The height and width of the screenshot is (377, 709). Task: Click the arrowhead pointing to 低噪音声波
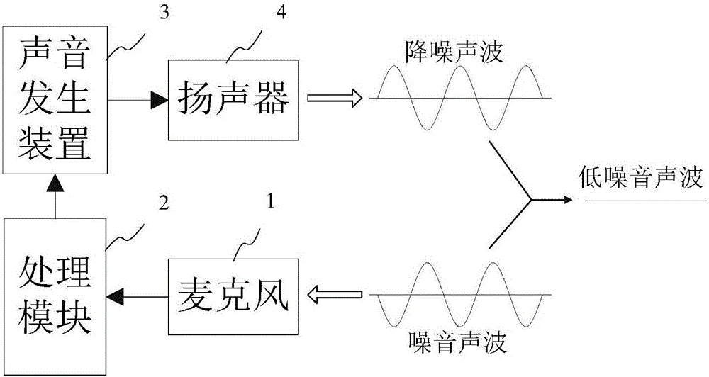click(x=564, y=200)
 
